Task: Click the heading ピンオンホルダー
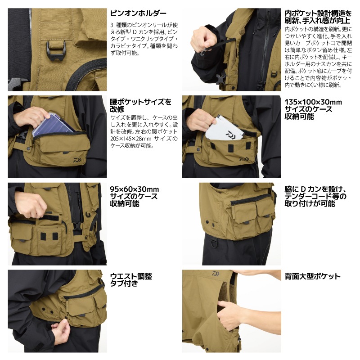point(138,13)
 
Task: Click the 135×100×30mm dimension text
point(313,102)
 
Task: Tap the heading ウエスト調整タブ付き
point(131,280)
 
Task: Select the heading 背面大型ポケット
point(312,276)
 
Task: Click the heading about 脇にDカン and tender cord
point(315,196)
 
